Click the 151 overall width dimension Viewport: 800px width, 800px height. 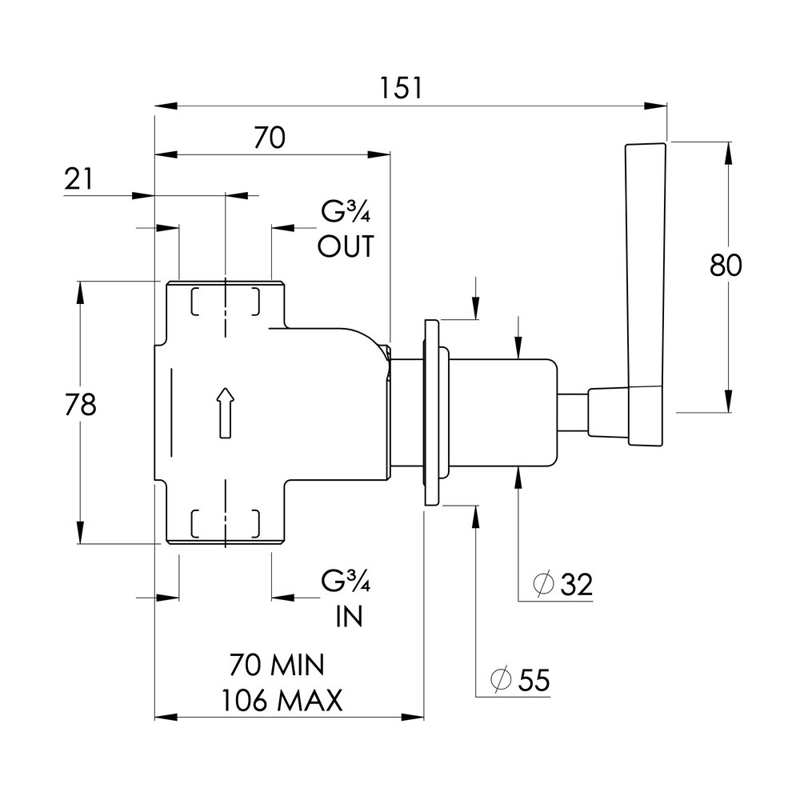click(x=401, y=88)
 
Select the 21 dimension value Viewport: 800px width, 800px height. click(x=79, y=179)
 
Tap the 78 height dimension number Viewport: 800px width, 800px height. click(x=81, y=405)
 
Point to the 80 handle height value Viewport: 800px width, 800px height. click(x=726, y=266)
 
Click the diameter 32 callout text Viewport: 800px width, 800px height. click(x=562, y=584)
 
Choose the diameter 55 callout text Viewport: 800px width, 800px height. click(x=521, y=679)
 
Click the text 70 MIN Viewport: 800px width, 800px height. click(x=277, y=665)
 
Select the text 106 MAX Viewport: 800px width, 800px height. click(x=282, y=700)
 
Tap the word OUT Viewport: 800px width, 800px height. click(x=346, y=246)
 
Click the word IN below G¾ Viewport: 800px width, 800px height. click(x=350, y=616)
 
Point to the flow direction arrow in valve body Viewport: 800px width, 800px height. click(x=225, y=413)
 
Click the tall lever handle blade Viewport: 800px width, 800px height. click(x=646, y=295)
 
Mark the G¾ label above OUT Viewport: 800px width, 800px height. click(x=346, y=211)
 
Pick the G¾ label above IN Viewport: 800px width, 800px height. click(x=346, y=581)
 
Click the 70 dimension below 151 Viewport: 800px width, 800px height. click(x=270, y=138)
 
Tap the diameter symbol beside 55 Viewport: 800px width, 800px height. click(x=501, y=679)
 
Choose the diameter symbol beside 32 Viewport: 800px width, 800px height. click(x=543, y=584)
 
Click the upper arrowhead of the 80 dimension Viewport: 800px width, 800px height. click(x=728, y=153)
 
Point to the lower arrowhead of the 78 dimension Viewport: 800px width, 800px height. click(x=80, y=532)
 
